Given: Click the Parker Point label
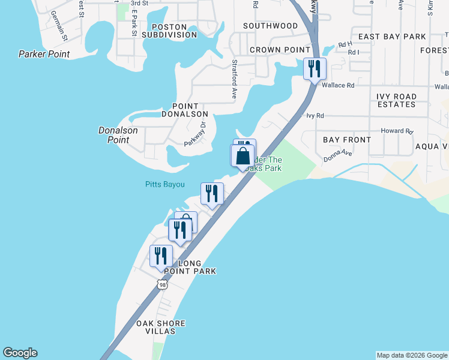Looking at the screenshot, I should pos(44,54).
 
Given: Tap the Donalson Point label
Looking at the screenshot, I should pos(118,135).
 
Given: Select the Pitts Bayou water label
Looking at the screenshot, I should pos(165,184).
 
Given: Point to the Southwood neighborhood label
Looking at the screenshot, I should pos(270,26).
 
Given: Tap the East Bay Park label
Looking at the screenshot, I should pos(392,37).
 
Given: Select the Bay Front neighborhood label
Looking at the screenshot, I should pos(347,139).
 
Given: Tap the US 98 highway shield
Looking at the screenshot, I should pos(162,283).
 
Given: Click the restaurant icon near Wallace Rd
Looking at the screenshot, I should pos(315,68).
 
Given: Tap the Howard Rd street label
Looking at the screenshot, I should pos(397,131).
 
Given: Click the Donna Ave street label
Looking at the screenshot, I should pos(337,157).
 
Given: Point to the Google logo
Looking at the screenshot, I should pos(20,353).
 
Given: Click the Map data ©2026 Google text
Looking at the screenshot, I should pos(411,355).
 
